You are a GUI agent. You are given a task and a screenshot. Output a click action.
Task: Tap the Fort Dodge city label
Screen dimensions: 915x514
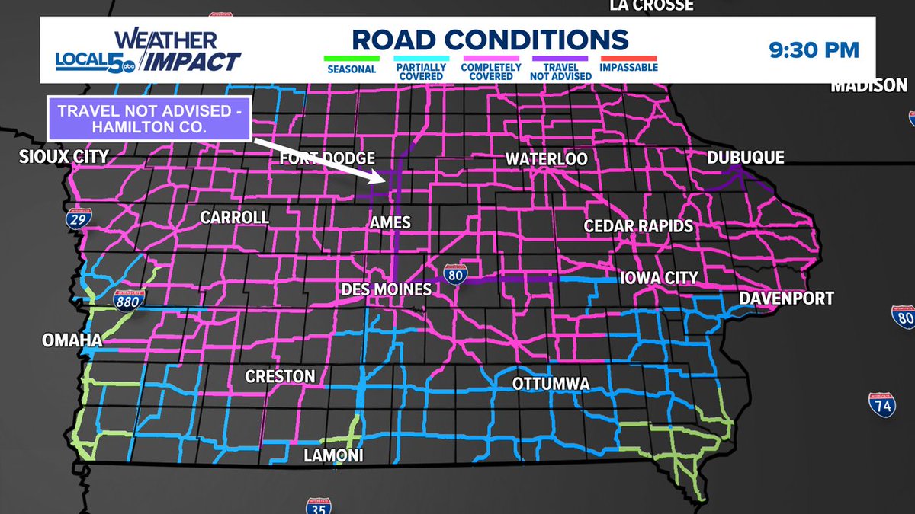tap(327, 158)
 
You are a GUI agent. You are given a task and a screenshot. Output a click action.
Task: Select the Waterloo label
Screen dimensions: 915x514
tap(547, 159)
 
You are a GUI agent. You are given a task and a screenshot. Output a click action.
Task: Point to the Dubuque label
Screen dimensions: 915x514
tap(745, 158)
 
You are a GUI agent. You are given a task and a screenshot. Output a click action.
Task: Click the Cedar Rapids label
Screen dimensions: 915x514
tap(638, 226)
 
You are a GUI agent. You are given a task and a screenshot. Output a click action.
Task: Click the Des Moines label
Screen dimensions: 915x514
tap(386, 289)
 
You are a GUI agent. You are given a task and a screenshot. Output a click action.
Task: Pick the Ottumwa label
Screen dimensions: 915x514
tap(551, 383)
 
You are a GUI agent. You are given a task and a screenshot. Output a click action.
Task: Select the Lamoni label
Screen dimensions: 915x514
tap(333, 455)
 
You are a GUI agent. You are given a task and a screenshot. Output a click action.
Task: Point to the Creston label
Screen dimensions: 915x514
tap(280, 376)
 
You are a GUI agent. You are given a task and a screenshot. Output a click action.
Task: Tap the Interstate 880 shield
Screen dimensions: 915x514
tap(127, 300)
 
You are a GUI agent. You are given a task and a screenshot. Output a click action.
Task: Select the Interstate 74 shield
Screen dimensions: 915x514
tap(881, 404)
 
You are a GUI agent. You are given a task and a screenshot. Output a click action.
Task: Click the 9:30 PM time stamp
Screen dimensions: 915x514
tap(813, 50)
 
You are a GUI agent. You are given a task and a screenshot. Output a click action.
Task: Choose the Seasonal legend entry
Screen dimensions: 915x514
tap(352, 66)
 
